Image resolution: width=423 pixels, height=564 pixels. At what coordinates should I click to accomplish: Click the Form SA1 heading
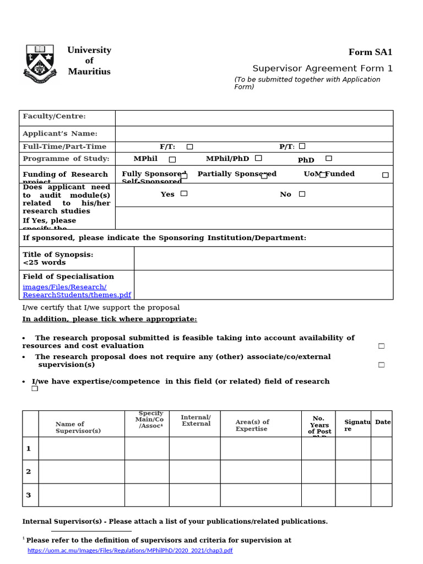370,52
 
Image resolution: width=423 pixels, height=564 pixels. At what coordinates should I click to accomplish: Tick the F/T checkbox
189,147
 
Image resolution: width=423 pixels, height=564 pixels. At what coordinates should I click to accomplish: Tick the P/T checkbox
302,146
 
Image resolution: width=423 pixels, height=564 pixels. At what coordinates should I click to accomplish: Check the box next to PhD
329,158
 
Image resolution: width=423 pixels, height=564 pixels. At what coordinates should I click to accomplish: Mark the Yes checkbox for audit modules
184,193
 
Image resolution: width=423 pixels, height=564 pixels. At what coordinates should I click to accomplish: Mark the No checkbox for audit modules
302,194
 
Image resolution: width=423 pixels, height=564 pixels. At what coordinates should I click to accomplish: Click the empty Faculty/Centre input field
254,118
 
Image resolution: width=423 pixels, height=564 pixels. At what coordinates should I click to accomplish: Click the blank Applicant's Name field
254,134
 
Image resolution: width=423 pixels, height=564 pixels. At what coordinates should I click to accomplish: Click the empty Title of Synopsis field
263,258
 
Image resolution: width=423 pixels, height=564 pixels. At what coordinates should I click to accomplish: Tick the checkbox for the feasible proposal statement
381,346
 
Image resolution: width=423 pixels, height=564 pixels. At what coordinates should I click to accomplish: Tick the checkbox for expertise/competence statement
35,388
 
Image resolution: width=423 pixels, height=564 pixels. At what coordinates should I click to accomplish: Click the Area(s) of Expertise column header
252,425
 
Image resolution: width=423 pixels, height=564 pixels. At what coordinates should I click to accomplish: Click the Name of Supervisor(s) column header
78,427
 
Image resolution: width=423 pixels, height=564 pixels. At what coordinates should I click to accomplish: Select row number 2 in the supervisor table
29,471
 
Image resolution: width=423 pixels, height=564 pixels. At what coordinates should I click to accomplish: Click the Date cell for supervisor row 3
381,495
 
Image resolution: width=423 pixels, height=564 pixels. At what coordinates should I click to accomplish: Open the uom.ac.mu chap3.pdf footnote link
130,550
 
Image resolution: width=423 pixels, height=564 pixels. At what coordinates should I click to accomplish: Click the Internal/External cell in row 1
194,448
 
